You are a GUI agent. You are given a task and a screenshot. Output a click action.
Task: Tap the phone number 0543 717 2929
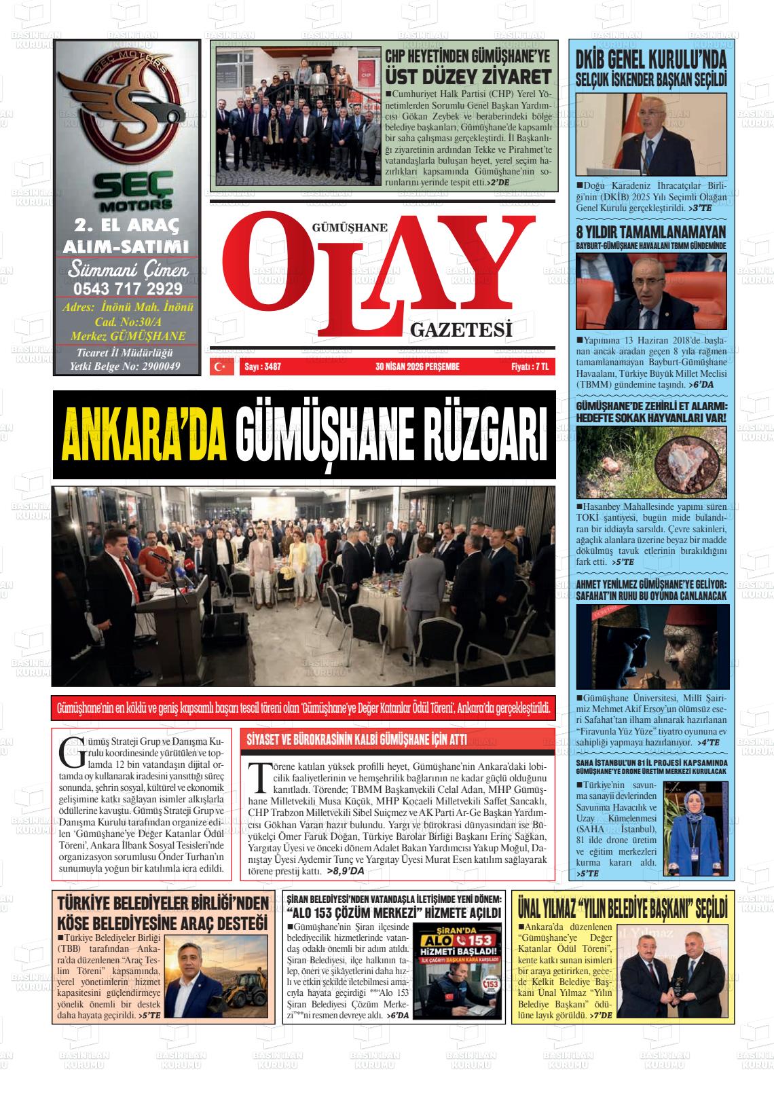pyautogui.click(x=127, y=289)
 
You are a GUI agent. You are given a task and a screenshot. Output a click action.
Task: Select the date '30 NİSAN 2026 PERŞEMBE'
pyautogui.click(x=417, y=367)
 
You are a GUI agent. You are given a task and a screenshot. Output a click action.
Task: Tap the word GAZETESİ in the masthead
pyautogui.click(x=460, y=331)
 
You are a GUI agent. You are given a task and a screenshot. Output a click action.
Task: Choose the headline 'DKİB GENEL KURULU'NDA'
pyautogui.click(x=650, y=60)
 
